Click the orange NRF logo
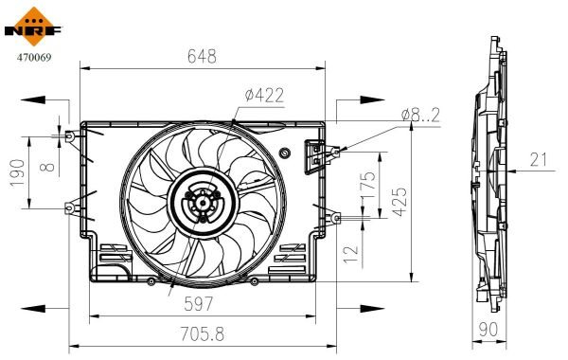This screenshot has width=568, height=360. click(33, 27)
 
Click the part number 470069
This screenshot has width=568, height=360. click(34, 57)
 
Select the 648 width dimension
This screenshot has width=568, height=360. click(202, 56)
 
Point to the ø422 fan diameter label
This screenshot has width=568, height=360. click(264, 96)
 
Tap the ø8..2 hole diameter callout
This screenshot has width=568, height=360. click(420, 115)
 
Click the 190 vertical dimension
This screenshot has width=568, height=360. click(18, 173)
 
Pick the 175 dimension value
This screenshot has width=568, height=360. click(369, 185)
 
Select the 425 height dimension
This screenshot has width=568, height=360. click(400, 202)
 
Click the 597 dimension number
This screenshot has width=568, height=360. click(199, 304)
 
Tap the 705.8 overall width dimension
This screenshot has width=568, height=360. click(203, 333)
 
